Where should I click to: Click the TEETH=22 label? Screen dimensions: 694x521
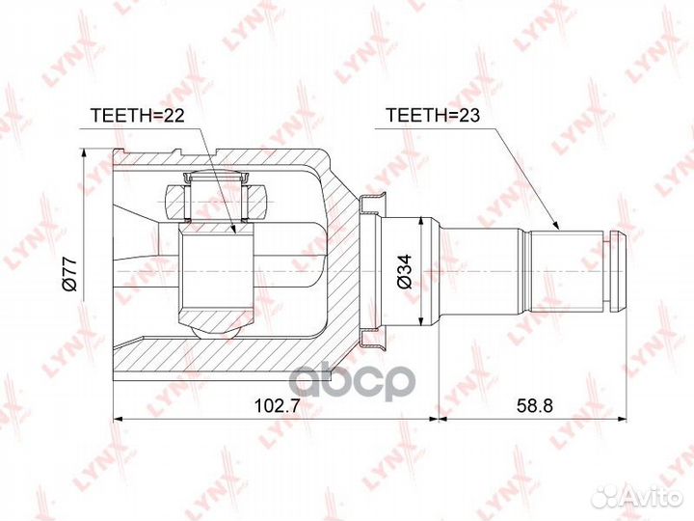[x=137, y=115]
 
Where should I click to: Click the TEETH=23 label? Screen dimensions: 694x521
[x=433, y=115]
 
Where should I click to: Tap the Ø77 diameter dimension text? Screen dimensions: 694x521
[x=69, y=274]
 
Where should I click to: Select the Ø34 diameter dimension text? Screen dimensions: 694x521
[x=404, y=271]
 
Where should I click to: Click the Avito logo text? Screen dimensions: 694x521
[x=653, y=497]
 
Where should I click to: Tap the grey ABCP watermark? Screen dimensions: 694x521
[x=355, y=383]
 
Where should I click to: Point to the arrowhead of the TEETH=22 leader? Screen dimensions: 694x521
[x=233, y=228]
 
